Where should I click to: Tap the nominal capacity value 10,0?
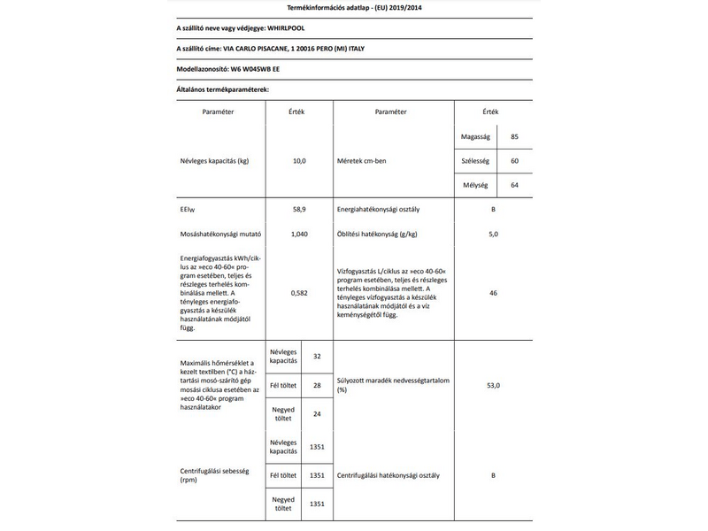[x=298, y=162]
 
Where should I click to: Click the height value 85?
[x=514, y=138]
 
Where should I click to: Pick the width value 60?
[x=514, y=162]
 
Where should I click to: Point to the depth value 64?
[x=514, y=185]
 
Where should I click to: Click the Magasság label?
[x=476, y=138]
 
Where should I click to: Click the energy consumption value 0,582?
[x=298, y=291]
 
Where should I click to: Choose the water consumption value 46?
[x=493, y=291]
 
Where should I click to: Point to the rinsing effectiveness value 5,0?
[x=493, y=234]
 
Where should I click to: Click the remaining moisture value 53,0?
[x=493, y=385]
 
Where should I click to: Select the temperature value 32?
[x=316, y=355]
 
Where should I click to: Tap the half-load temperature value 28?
[x=316, y=385]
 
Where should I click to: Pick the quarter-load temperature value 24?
[x=316, y=414]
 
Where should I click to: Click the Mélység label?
[x=476, y=185]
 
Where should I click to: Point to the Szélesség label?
[x=476, y=162]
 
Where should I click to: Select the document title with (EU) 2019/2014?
[x=354, y=7]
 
